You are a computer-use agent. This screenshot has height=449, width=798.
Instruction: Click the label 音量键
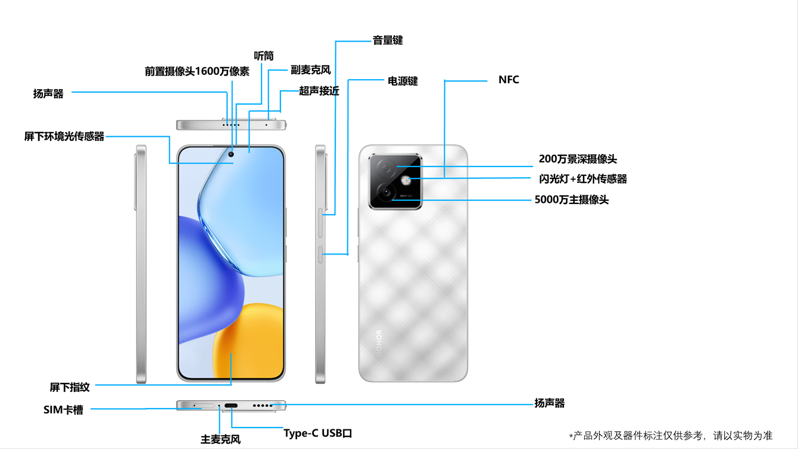pos(388,40)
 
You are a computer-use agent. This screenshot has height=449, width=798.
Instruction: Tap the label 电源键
pos(403,81)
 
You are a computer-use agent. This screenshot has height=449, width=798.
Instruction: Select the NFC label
pos(509,80)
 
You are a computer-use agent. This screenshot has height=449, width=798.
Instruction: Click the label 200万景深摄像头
pos(578,159)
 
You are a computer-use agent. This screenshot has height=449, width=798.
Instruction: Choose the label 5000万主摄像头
pos(572,200)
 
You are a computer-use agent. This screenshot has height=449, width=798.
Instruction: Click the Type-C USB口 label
pos(318,433)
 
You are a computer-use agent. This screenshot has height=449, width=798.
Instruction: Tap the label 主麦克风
pos(220,440)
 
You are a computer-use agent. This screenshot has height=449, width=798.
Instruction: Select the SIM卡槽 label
pos(63,410)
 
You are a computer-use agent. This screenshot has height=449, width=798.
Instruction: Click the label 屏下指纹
pos(70,387)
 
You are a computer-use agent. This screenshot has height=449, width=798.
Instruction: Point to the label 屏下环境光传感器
pos(64,137)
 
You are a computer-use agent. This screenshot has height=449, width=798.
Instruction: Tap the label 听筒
pos(264,56)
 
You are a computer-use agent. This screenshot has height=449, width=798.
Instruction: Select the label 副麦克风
pos(310,70)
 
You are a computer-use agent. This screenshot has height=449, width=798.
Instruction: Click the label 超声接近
pos(319,91)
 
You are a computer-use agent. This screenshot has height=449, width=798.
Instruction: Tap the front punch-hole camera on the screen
pos(231,155)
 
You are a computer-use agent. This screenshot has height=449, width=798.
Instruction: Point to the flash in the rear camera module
pos(406,180)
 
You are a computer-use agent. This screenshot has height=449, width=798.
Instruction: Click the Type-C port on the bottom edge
pos(231,406)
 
